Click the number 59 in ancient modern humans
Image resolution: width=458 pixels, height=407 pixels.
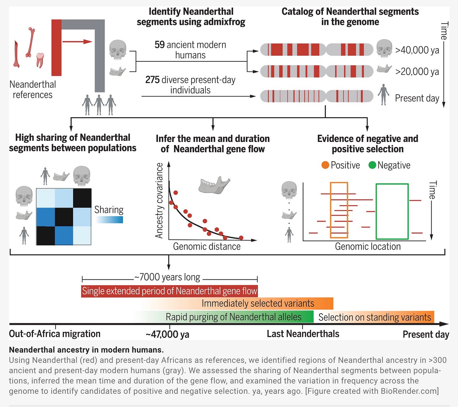(159, 45)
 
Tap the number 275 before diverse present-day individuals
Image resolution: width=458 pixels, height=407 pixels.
(152, 80)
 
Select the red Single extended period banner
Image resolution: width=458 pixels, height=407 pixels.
(170, 291)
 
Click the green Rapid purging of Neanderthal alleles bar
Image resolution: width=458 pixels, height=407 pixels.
(233, 317)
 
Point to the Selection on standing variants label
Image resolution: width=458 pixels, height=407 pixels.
(374, 317)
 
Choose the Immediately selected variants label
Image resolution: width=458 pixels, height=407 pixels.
(258, 304)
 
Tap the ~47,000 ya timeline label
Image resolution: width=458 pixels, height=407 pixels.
(167, 334)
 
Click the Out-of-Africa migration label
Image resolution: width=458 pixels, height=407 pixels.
(55, 334)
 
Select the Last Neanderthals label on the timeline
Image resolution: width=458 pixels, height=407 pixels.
(303, 334)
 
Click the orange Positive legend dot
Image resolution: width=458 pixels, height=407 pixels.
(325, 165)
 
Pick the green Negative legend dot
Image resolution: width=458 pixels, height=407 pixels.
(372, 165)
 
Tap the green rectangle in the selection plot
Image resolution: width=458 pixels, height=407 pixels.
(392, 211)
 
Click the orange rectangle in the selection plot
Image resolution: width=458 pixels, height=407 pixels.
(339, 210)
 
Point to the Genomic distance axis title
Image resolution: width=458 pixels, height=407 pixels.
(207, 246)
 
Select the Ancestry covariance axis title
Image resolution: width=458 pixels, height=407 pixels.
(159, 200)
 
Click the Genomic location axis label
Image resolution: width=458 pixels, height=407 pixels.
(368, 246)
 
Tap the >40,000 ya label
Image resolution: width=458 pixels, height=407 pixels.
(417, 50)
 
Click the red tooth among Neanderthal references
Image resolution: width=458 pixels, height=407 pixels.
(40, 60)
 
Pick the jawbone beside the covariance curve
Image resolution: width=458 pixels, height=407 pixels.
(214, 185)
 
